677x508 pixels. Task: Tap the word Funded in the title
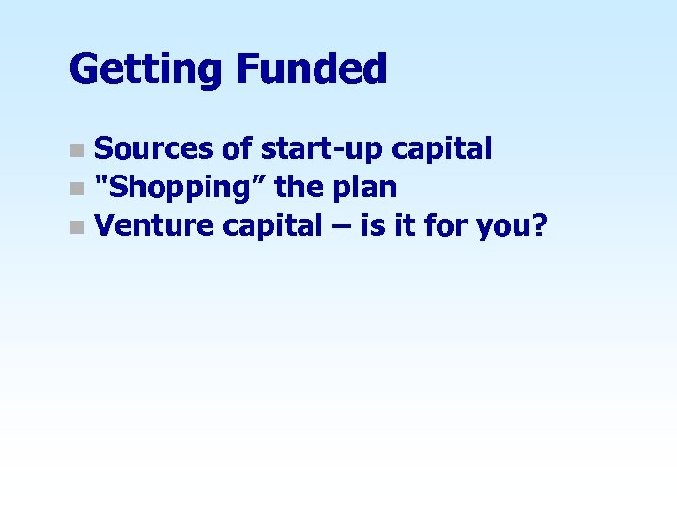312,69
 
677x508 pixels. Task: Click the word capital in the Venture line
269,228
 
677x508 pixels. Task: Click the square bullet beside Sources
77,150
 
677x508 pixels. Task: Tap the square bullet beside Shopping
77,189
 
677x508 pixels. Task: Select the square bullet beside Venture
77,228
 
